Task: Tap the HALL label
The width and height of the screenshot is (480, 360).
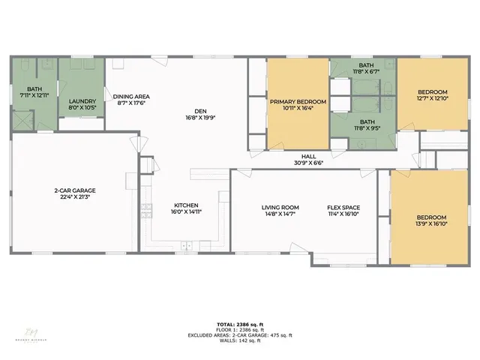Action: pos(308,156)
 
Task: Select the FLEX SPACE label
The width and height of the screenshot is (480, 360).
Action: pos(344,207)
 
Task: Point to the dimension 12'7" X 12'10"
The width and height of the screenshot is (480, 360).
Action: pos(431,97)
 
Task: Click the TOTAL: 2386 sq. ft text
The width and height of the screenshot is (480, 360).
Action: pos(239,323)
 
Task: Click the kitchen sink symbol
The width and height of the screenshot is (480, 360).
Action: pos(186,245)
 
